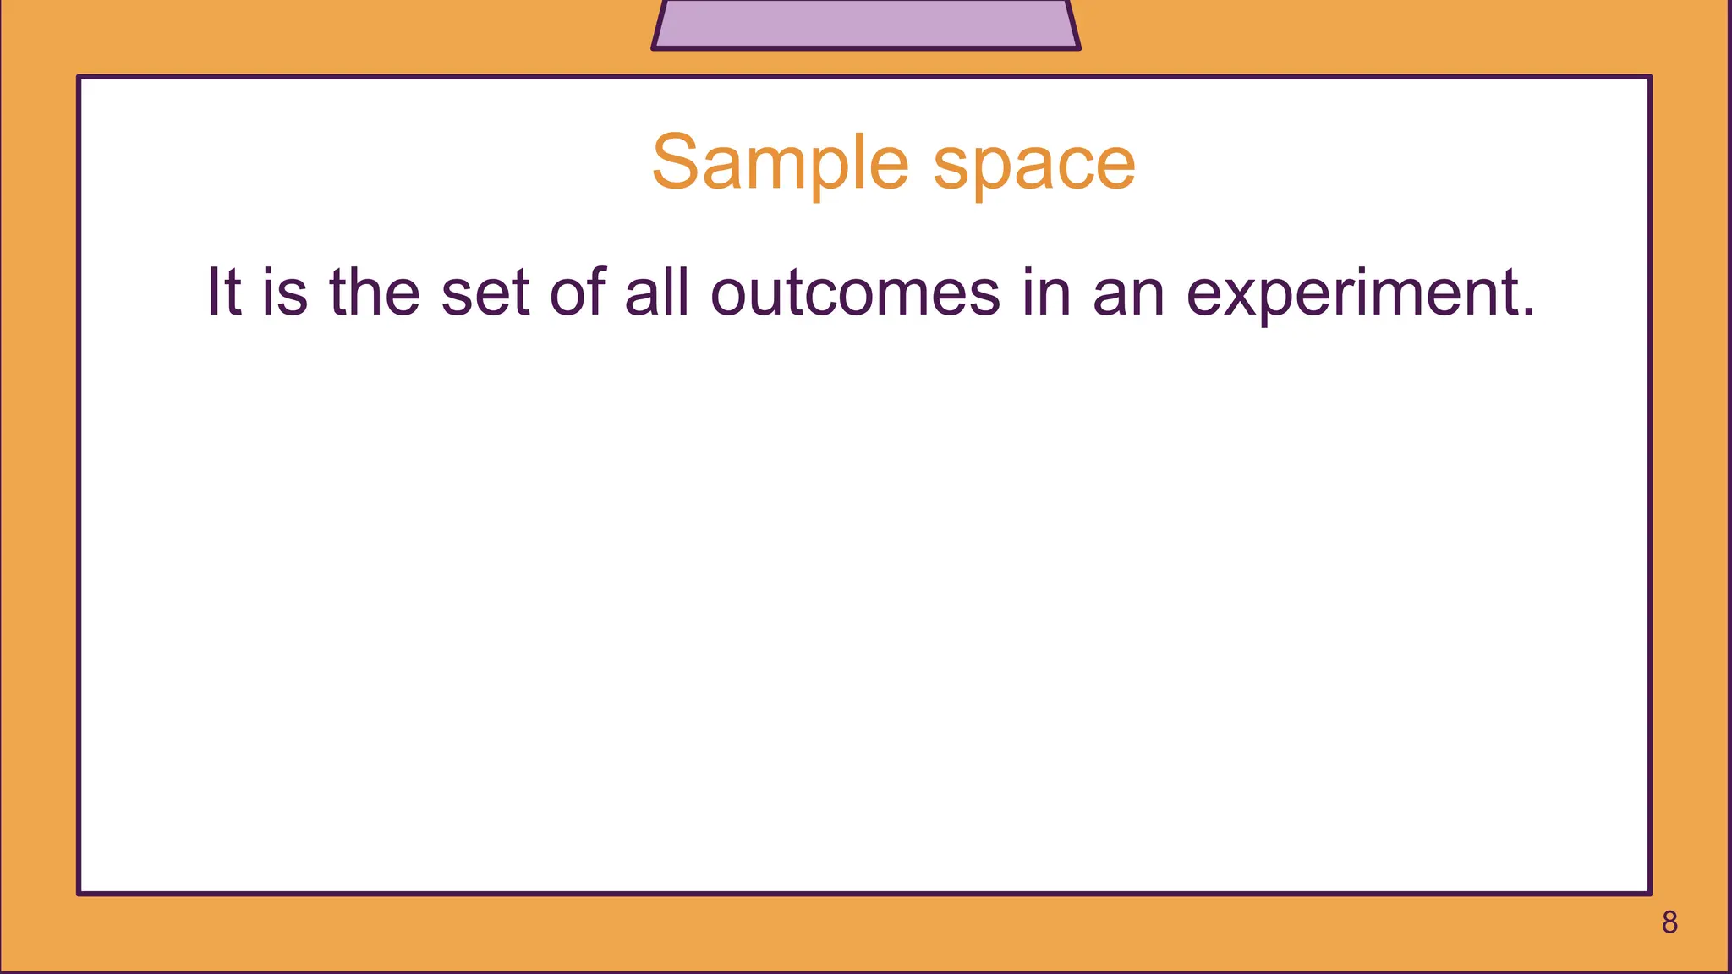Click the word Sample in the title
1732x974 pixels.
click(780, 162)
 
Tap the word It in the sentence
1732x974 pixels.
click(225, 292)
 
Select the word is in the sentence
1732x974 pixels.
click(284, 292)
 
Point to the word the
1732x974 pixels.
click(374, 292)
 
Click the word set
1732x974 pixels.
click(485, 293)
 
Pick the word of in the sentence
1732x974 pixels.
click(578, 292)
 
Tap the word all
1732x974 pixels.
click(656, 292)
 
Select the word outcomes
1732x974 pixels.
click(855, 293)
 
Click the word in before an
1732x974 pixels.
click(1046, 292)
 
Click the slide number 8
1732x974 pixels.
click(1669, 922)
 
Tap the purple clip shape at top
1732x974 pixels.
click(866, 24)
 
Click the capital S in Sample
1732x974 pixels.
click(677, 162)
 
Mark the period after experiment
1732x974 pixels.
click(1527, 313)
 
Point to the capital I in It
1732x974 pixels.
click(212, 292)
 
